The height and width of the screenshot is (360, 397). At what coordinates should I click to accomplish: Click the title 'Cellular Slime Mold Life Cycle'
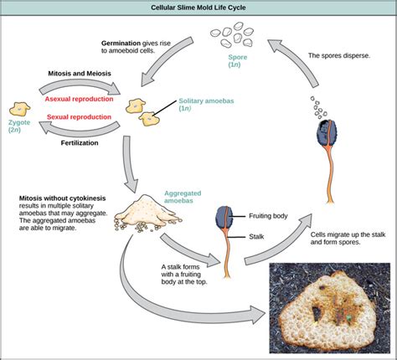[x=198, y=8]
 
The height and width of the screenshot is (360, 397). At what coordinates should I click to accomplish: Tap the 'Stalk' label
[x=260, y=237]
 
